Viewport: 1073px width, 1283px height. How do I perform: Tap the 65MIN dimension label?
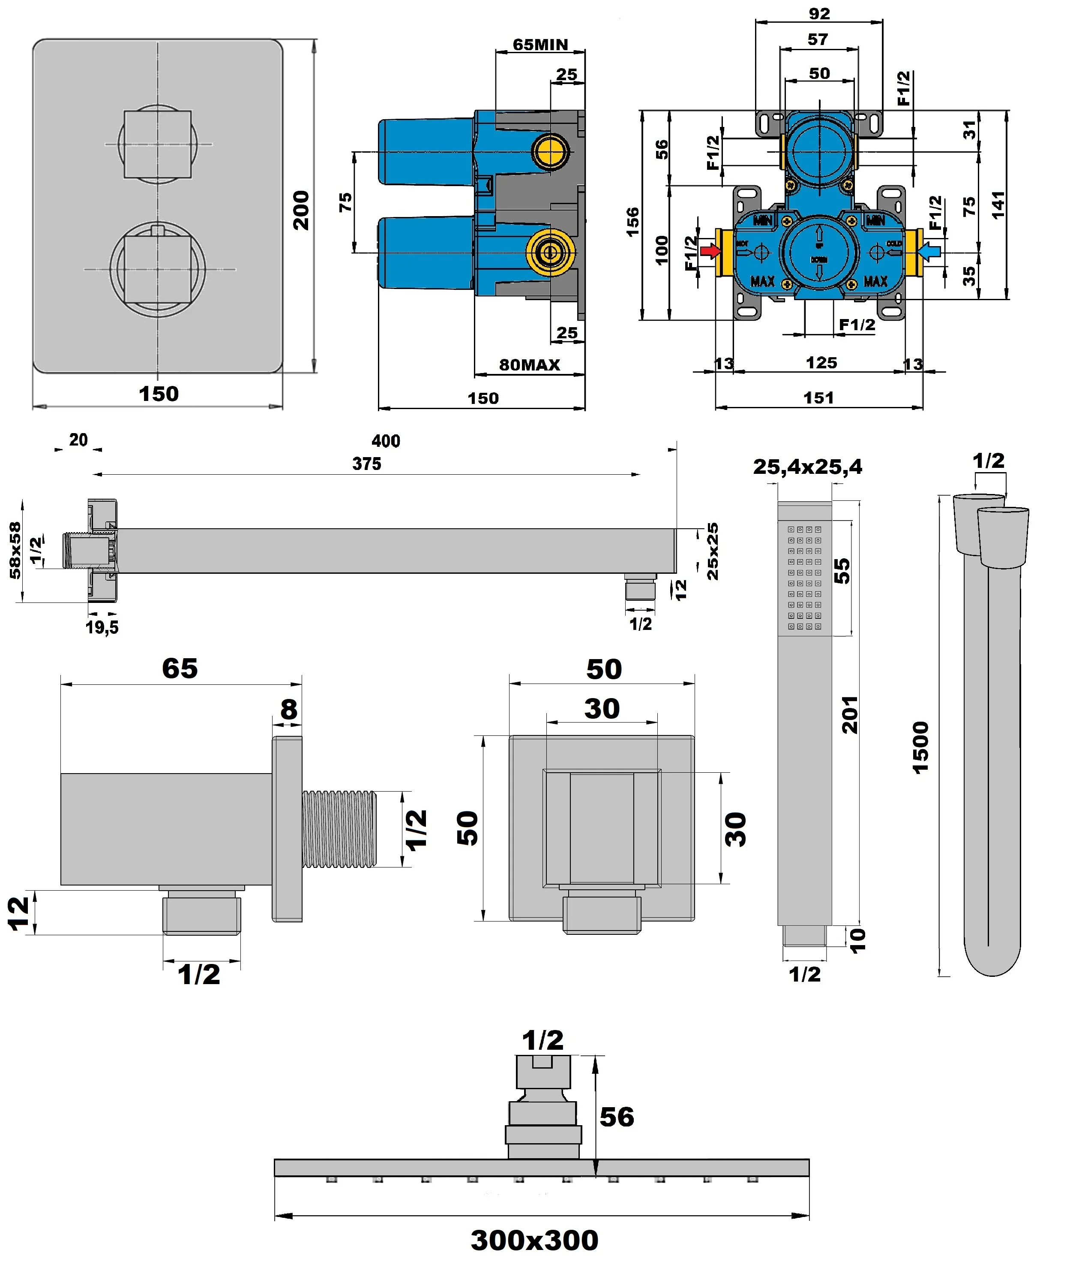coord(540,45)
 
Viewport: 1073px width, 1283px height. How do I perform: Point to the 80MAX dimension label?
coord(530,365)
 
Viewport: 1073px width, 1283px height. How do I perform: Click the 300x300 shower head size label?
coord(534,1240)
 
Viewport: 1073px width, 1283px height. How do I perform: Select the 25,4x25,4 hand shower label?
coord(807,467)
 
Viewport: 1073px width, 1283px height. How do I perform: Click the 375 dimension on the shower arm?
coord(366,464)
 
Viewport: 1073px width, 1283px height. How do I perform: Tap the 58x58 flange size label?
coord(15,550)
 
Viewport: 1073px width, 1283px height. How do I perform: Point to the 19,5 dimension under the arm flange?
coord(102,627)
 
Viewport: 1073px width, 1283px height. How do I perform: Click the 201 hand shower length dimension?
coord(849,714)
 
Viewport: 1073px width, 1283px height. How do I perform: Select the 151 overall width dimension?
coord(818,398)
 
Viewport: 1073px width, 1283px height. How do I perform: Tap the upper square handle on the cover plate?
coord(158,144)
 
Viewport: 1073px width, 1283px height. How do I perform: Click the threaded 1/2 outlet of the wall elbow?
coord(339,829)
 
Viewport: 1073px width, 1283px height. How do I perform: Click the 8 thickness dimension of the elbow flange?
coord(288,710)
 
